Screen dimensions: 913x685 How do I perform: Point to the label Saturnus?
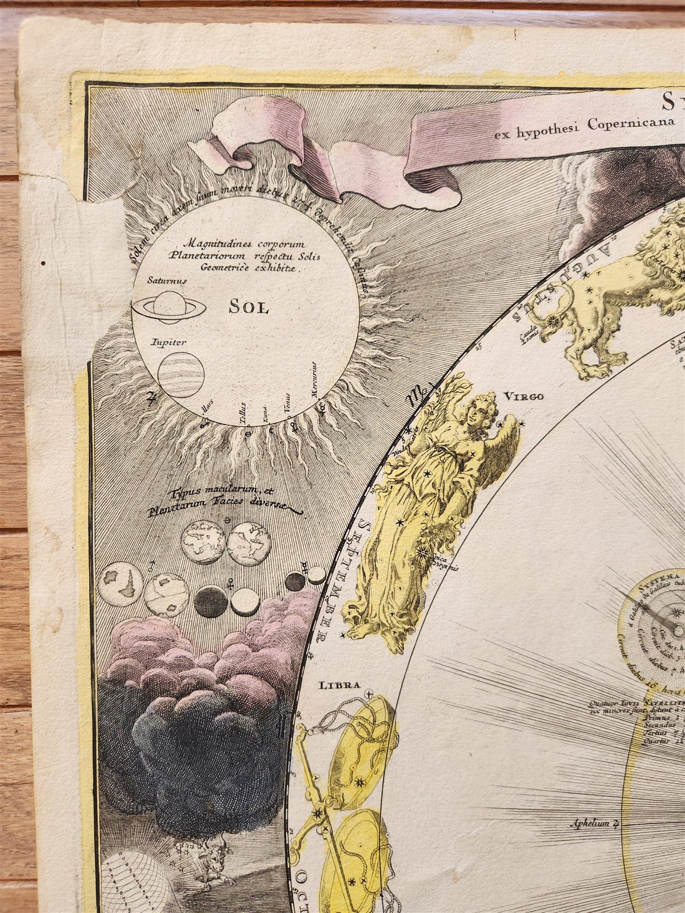pos(163,280)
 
